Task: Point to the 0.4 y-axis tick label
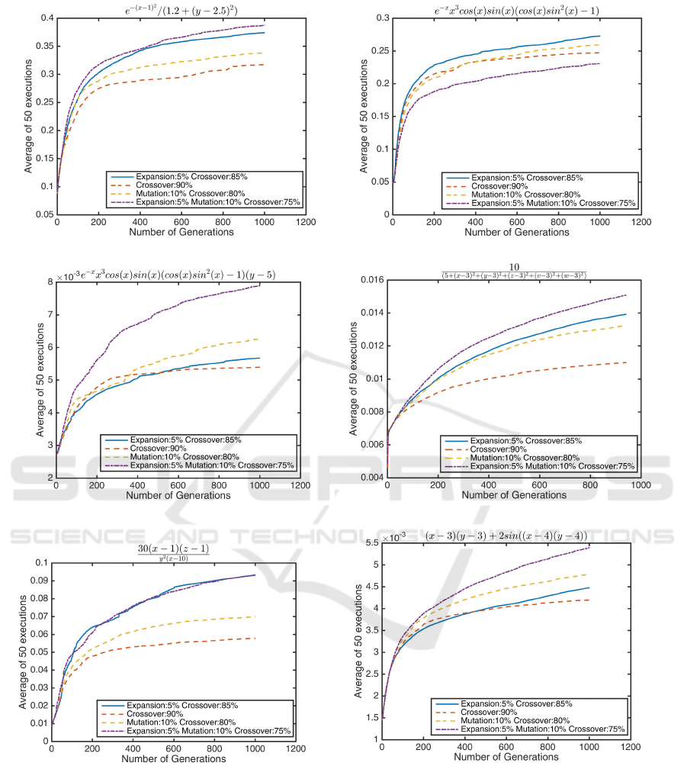43,18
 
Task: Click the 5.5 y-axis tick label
369,542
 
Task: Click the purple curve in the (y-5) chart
191,328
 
